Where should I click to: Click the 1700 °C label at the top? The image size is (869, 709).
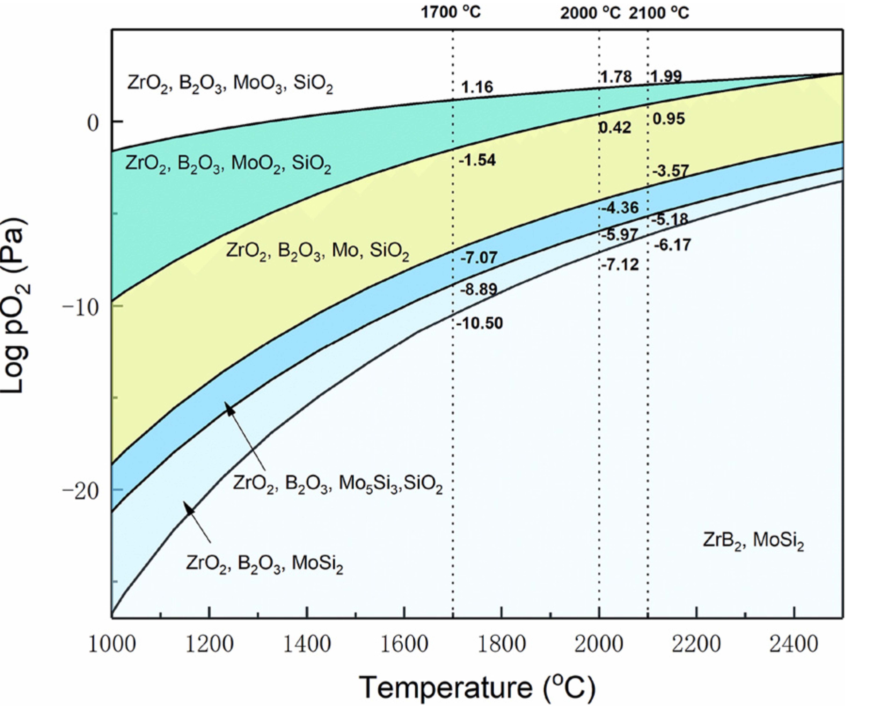[451, 12]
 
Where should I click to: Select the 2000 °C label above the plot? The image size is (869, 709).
[590, 13]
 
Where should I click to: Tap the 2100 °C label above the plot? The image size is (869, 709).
[659, 13]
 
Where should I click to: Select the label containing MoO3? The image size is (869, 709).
[230, 84]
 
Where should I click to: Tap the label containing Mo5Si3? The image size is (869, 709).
[338, 485]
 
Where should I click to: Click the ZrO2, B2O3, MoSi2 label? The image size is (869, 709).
[264, 564]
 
